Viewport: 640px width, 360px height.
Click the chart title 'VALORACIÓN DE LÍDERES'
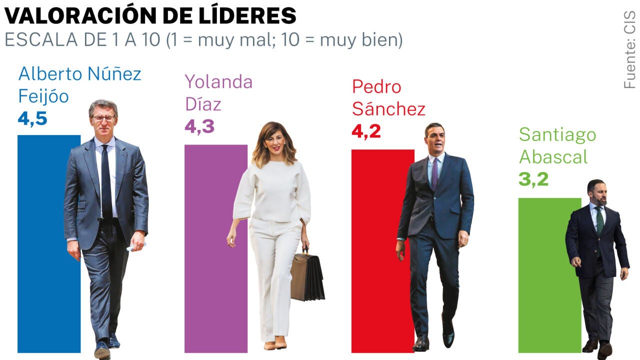click(150, 16)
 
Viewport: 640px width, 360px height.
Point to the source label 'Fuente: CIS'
click(629, 50)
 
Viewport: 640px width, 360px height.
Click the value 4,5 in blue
click(32, 118)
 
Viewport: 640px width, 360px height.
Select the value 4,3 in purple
click(199, 126)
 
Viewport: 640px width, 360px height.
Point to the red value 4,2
click(366, 131)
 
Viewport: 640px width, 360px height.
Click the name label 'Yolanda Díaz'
click(218, 93)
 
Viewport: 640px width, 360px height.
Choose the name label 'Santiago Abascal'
click(557, 145)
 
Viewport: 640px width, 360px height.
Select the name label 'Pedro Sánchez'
click(388, 97)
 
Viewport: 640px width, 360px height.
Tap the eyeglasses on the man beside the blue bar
click(103, 118)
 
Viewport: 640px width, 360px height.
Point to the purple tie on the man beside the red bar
click(434, 172)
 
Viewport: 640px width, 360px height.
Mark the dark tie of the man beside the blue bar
click(106, 180)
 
